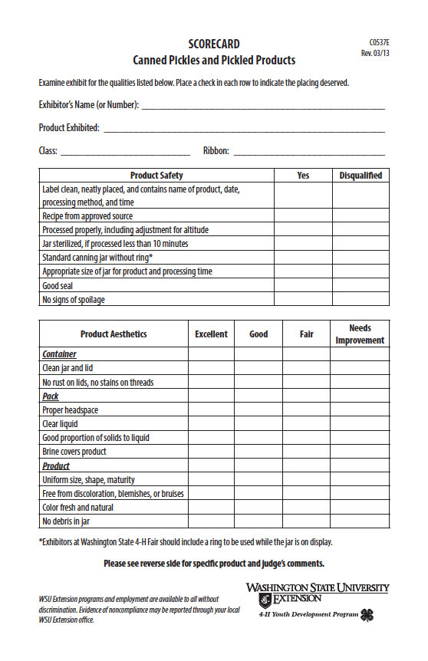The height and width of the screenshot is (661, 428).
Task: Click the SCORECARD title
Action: point(214,44)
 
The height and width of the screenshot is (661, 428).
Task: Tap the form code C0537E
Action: point(379,42)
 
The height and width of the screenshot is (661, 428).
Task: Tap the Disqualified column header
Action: point(361,176)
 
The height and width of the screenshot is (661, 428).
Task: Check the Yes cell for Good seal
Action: point(303,285)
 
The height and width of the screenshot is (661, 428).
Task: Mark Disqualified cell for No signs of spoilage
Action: point(361,299)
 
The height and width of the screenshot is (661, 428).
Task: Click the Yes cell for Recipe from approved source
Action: point(303,215)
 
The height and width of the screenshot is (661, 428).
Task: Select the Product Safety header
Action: point(156,176)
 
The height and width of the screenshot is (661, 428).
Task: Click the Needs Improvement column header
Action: point(360,334)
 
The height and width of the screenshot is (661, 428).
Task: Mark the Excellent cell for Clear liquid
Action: point(211,423)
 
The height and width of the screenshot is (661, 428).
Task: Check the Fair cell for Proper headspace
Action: point(306,409)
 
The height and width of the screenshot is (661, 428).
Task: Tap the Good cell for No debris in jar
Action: point(258,521)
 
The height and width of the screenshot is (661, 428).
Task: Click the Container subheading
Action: point(59,354)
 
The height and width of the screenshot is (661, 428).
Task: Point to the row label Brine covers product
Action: point(74,452)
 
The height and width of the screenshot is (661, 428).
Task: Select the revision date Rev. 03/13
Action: point(376,54)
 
